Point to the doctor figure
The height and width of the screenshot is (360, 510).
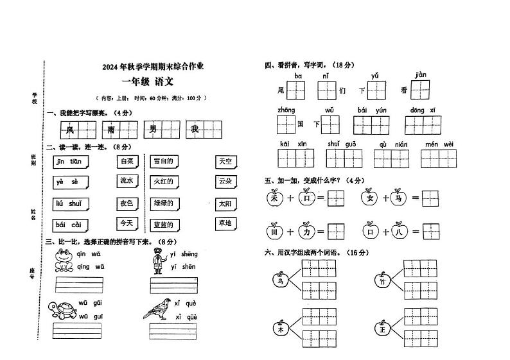[x=158, y=262]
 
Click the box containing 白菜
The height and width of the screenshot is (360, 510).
[x=127, y=162]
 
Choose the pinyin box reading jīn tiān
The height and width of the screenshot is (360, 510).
[x=69, y=162]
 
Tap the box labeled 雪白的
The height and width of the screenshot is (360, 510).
[x=164, y=161]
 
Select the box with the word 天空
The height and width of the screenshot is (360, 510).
[x=225, y=162]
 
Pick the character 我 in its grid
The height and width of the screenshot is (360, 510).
[x=194, y=130]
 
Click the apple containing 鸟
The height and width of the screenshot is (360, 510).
[x=279, y=280]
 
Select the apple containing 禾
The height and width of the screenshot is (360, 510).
[x=275, y=198]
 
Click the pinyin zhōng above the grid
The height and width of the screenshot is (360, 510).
[x=286, y=110]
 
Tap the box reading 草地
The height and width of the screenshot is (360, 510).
[x=225, y=223]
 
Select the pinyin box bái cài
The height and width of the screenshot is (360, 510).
[x=69, y=225]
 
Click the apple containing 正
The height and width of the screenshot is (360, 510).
[x=383, y=329]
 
